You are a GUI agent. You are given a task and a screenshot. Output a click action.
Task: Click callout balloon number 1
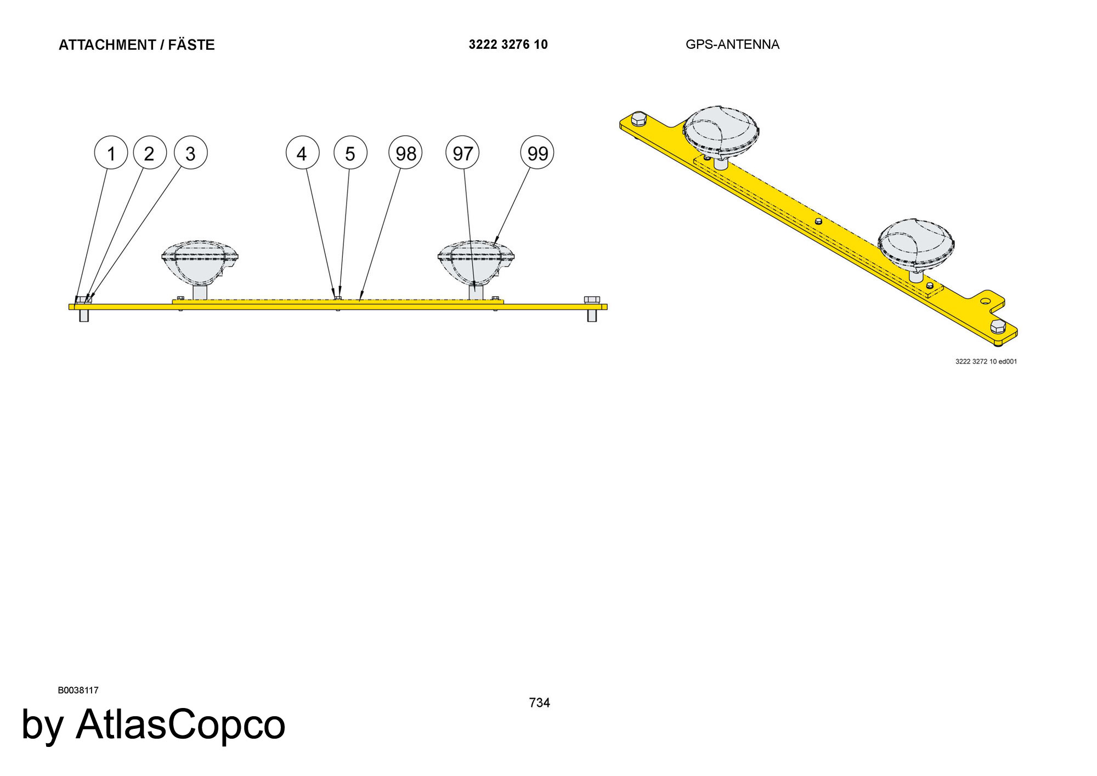point(111,153)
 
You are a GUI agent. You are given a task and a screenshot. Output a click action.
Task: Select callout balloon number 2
point(150,153)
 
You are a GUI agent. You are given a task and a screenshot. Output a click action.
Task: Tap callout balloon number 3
point(191,153)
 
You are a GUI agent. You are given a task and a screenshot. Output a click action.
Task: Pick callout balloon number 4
point(302,153)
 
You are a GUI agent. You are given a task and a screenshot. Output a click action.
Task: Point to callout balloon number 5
point(350,153)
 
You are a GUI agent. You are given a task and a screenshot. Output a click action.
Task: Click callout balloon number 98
point(405,153)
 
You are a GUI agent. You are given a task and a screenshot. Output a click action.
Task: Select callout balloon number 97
point(462,153)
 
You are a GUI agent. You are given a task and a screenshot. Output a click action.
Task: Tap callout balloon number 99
point(537,153)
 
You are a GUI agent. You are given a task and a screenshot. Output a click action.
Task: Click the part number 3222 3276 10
point(508,44)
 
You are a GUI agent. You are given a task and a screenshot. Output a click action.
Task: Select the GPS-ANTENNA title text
point(732,44)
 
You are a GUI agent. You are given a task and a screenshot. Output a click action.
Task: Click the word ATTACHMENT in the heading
point(108,45)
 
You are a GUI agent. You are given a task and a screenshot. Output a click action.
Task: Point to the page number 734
point(539,703)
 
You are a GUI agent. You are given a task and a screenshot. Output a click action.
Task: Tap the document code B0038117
point(78,690)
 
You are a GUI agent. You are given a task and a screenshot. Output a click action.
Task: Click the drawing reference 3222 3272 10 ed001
point(986,361)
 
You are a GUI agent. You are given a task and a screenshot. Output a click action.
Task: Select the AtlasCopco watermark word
point(180,724)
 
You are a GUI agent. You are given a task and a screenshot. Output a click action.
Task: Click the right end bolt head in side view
point(592,300)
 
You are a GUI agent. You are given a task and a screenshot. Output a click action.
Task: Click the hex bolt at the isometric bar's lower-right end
point(998,328)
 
